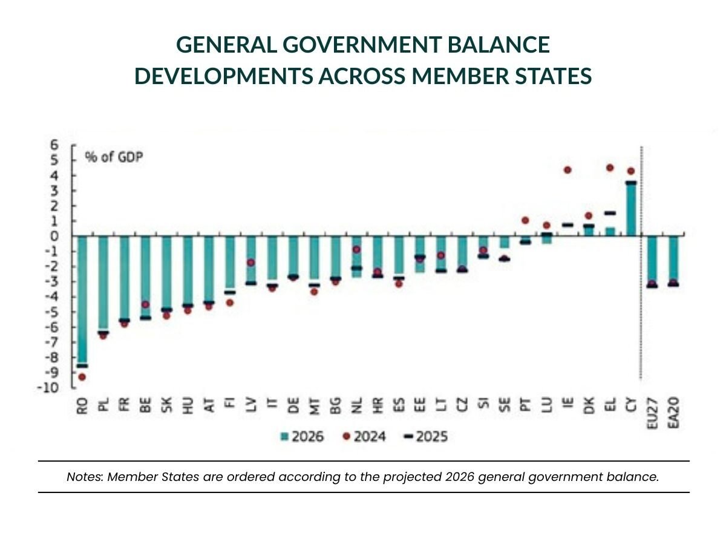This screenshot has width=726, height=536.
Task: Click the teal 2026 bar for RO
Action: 82,299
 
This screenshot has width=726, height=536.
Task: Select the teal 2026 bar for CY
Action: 631,209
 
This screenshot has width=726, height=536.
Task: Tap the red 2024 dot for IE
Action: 567,170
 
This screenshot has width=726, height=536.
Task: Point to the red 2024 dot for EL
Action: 610,168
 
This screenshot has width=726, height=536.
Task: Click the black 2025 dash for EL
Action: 610,213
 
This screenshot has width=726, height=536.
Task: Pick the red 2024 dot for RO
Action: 82,377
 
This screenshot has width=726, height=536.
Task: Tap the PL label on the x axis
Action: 103,405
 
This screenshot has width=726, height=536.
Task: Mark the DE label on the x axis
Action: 293,405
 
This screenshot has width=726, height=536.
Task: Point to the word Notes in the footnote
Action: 85,477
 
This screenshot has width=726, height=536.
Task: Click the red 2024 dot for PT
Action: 525,220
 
